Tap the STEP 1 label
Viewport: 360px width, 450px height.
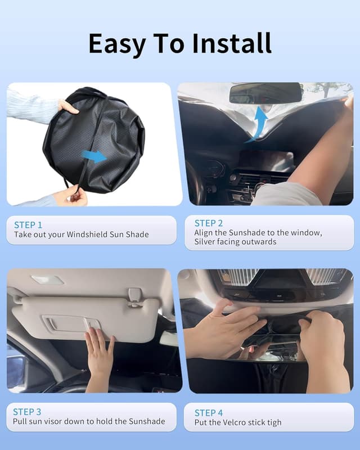tap(28, 225)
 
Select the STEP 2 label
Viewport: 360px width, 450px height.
tap(209, 223)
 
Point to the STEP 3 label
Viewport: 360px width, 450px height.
tap(28, 412)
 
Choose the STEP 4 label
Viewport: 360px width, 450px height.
tap(209, 413)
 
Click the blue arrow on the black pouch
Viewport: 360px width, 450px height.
tap(94, 156)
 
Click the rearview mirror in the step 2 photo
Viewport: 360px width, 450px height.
tap(265, 93)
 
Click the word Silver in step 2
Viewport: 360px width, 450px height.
tap(207, 242)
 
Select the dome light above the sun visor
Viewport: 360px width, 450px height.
tap(47, 280)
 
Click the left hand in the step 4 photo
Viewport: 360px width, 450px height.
tap(225, 332)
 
